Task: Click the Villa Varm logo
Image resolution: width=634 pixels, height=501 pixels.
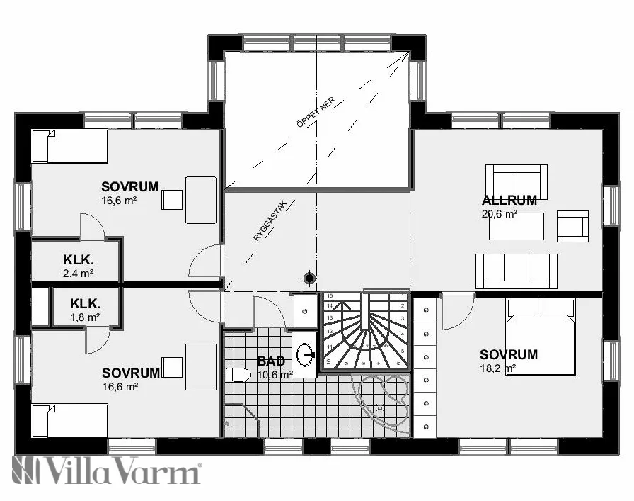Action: tap(106, 471)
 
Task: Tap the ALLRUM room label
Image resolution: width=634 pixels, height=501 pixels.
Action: tap(509, 200)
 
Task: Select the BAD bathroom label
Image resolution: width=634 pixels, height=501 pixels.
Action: tap(270, 361)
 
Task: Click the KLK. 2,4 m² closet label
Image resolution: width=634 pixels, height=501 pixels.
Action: tap(78, 259)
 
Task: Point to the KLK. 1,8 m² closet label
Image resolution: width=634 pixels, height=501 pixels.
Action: tap(84, 303)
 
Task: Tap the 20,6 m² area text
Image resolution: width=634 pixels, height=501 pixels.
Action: tap(500, 213)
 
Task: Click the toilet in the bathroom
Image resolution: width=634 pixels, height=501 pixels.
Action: tap(237, 374)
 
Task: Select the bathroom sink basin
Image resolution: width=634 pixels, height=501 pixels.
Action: tap(306, 352)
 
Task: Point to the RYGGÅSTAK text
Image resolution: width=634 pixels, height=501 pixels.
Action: tap(269, 221)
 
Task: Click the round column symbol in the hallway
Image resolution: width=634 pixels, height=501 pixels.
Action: tap(309, 277)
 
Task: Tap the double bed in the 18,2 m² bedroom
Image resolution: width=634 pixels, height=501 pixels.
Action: tap(540, 337)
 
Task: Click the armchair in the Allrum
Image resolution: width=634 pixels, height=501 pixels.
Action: tap(572, 226)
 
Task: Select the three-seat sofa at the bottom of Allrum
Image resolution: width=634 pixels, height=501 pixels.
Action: tap(516, 271)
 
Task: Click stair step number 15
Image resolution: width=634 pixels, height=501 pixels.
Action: tap(330, 295)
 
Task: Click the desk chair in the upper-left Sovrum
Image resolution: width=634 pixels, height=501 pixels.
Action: tap(171, 200)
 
